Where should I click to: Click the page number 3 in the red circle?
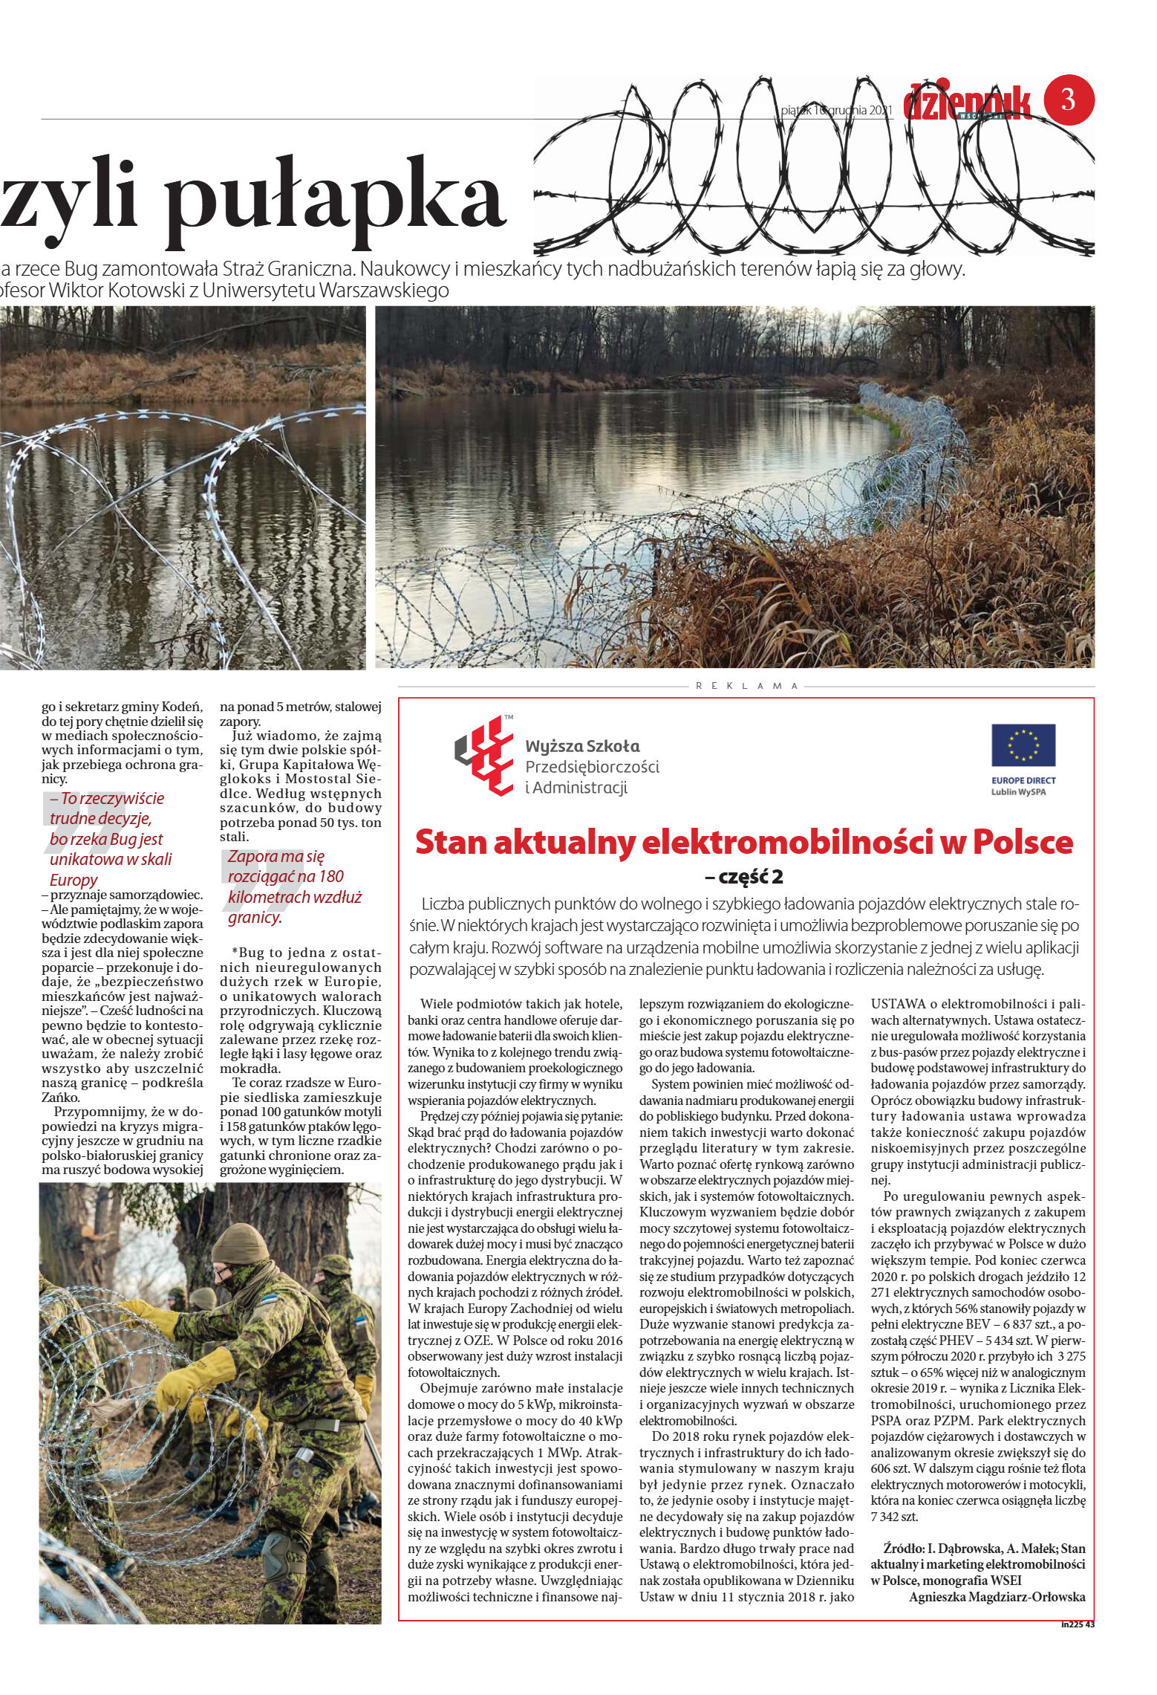1069,100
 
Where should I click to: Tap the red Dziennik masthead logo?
967,103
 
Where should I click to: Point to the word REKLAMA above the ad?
746,686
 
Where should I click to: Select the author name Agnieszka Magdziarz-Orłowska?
997,1596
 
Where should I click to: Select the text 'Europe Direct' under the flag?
1023,781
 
